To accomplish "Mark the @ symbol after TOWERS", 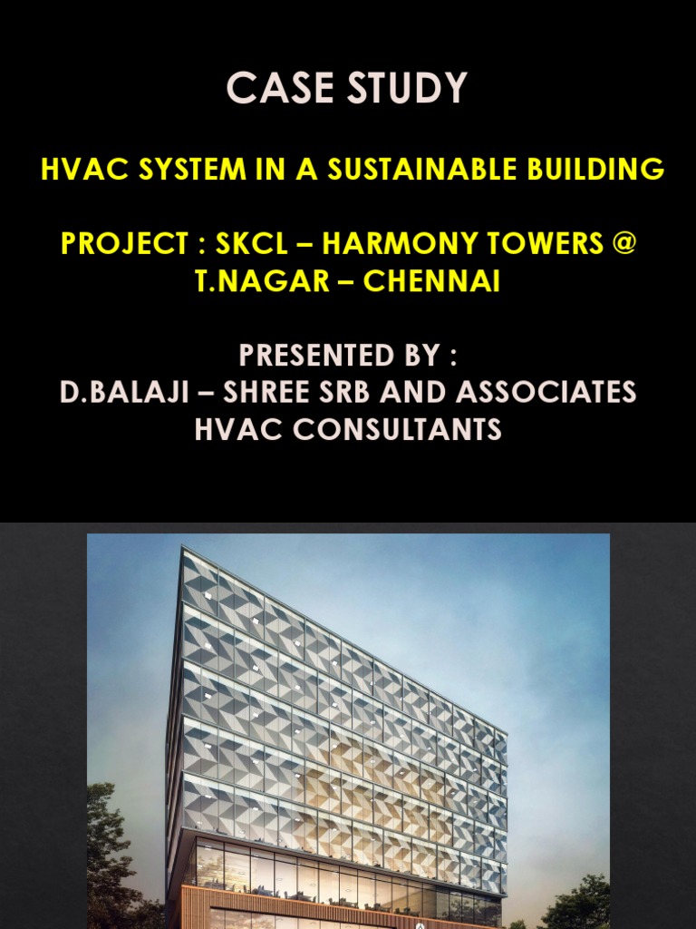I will pyautogui.click(x=624, y=244).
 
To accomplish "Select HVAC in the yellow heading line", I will pyautogui.click(x=73, y=169).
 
